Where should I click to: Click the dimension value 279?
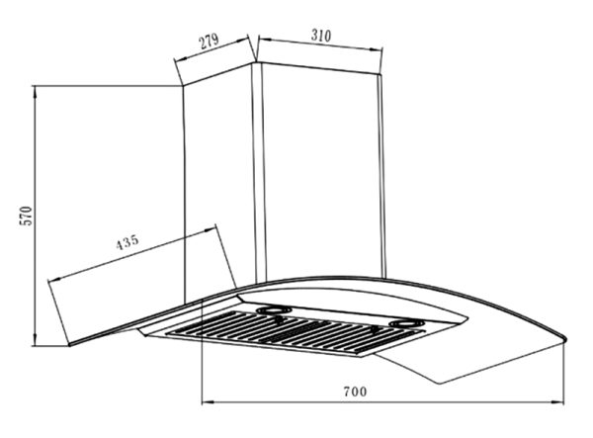pyautogui.click(x=210, y=41)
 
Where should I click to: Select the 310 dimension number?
pyautogui.click(x=321, y=36)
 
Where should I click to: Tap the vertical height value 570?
pyautogui.click(x=27, y=216)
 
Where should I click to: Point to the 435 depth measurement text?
pyautogui.click(x=127, y=242)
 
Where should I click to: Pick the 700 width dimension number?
pyautogui.click(x=355, y=392)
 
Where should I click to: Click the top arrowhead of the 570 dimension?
pyautogui.click(x=35, y=91)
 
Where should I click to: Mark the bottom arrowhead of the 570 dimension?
pyautogui.click(x=35, y=340)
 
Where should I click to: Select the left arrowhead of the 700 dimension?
pyautogui.click(x=208, y=402)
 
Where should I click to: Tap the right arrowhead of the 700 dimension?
pyautogui.click(x=558, y=402)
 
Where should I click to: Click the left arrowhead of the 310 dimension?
pyautogui.click(x=264, y=39)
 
